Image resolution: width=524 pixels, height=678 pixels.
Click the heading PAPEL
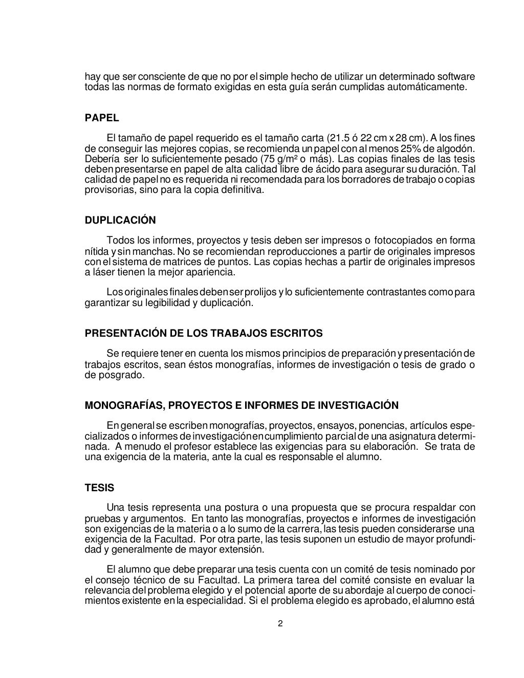coord(101,118)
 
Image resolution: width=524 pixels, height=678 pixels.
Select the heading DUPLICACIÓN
coord(120,221)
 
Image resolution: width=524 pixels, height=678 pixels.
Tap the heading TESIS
coord(99,488)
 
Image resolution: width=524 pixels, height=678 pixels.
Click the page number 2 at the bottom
coord(280,623)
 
